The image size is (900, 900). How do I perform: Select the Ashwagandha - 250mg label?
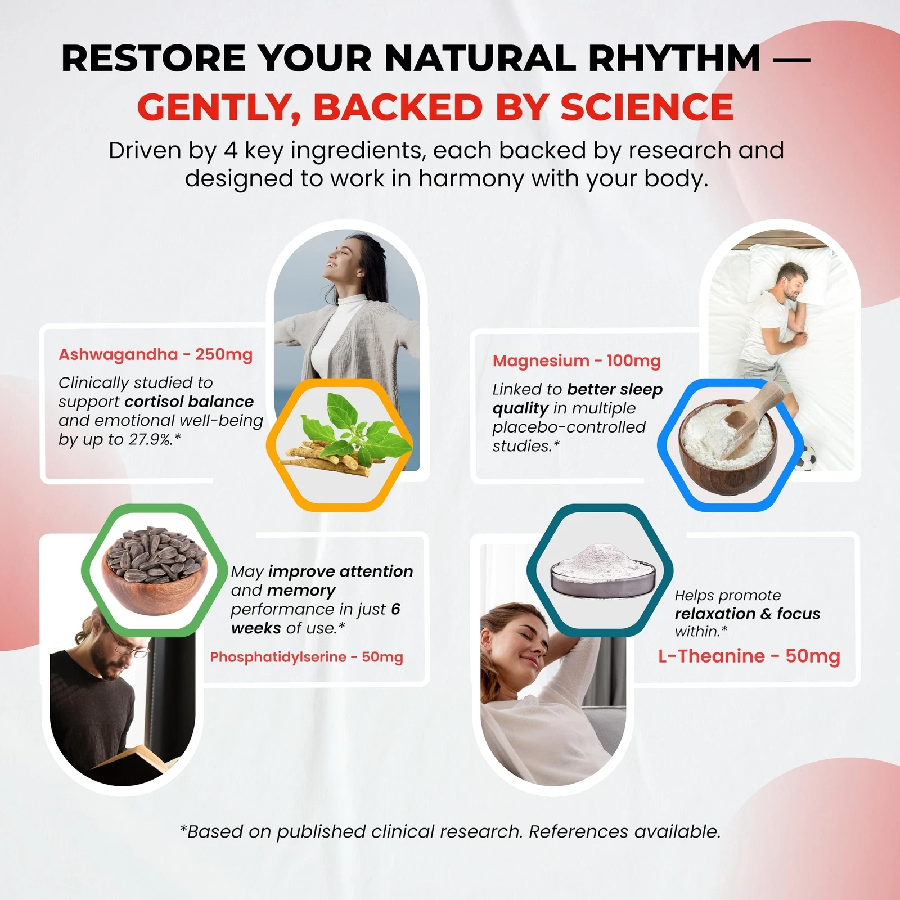click(156, 354)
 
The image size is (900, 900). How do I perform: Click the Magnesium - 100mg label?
click(577, 361)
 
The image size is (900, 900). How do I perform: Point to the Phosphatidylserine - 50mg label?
click(307, 657)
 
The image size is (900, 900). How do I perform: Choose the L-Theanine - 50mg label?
click(749, 656)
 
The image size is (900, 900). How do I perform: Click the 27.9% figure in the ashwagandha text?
click(150, 439)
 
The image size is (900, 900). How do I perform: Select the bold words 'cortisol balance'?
click(189, 402)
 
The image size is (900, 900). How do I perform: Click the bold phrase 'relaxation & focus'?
click(748, 614)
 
